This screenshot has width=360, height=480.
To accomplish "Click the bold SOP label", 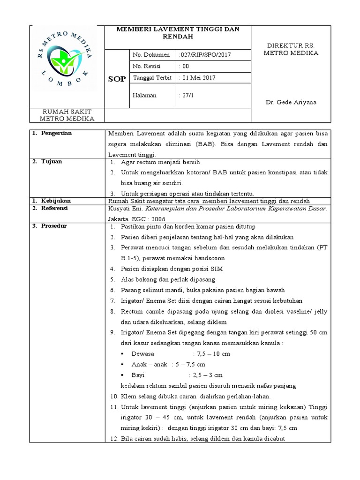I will pyautogui.click(x=117, y=79).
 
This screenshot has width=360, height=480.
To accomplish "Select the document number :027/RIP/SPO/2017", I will pyautogui.click(x=205, y=55).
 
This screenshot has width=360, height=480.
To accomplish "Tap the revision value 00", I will pyautogui.click(x=184, y=67).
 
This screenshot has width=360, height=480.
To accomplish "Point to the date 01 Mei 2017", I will pyautogui.click(x=198, y=78).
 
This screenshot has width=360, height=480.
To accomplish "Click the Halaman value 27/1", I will pyautogui.click(x=186, y=95).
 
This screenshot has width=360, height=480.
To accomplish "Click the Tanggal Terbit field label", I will pyautogui.click(x=153, y=78).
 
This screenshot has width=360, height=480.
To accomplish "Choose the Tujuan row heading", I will pyautogui.click(x=51, y=162).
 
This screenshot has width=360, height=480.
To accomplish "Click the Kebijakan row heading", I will pyautogui.click(x=55, y=200).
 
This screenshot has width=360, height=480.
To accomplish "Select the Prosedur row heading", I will pyautogui.click(x=53, y=226).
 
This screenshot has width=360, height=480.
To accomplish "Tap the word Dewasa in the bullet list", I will pyautogui.click(x=143, y=354).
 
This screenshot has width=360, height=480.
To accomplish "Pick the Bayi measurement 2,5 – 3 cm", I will pyautogui.click(x=208, y=375).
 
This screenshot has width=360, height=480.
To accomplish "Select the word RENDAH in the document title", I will pyautogui.click(x=178, y=36).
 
